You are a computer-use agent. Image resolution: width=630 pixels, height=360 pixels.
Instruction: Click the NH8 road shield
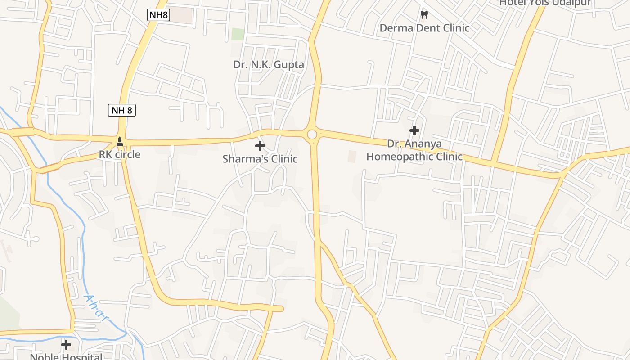[158, 15]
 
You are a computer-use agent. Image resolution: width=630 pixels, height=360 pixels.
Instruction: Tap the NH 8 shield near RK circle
[122, 110]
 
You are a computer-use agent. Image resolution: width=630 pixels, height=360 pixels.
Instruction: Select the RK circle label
[120, 155]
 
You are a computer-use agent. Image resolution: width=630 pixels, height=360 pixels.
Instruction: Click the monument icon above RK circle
[120, 142]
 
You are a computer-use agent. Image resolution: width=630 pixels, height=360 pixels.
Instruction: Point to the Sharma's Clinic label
[260, 159]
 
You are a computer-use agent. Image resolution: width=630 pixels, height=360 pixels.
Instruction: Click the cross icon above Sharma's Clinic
[260, 146]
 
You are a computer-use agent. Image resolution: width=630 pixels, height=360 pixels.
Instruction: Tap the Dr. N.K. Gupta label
[269, 64]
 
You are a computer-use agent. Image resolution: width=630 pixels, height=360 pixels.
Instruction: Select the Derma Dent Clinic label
[424, 28]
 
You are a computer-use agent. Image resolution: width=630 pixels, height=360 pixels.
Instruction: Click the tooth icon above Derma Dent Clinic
[423, 14]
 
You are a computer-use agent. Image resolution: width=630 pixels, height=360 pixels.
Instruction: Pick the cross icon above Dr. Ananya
[414, 130]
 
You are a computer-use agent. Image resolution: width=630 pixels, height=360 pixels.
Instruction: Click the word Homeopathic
[401, 157]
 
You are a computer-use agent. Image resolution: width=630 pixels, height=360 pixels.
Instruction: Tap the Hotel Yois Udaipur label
[545, 3]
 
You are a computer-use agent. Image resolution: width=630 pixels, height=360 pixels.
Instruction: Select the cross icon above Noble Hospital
[66, 345]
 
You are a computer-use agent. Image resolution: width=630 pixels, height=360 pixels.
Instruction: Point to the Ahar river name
[96, 308]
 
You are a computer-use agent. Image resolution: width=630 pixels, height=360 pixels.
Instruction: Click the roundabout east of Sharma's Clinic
[312, 135]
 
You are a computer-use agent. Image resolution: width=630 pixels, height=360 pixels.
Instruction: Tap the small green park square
[238, 34]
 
